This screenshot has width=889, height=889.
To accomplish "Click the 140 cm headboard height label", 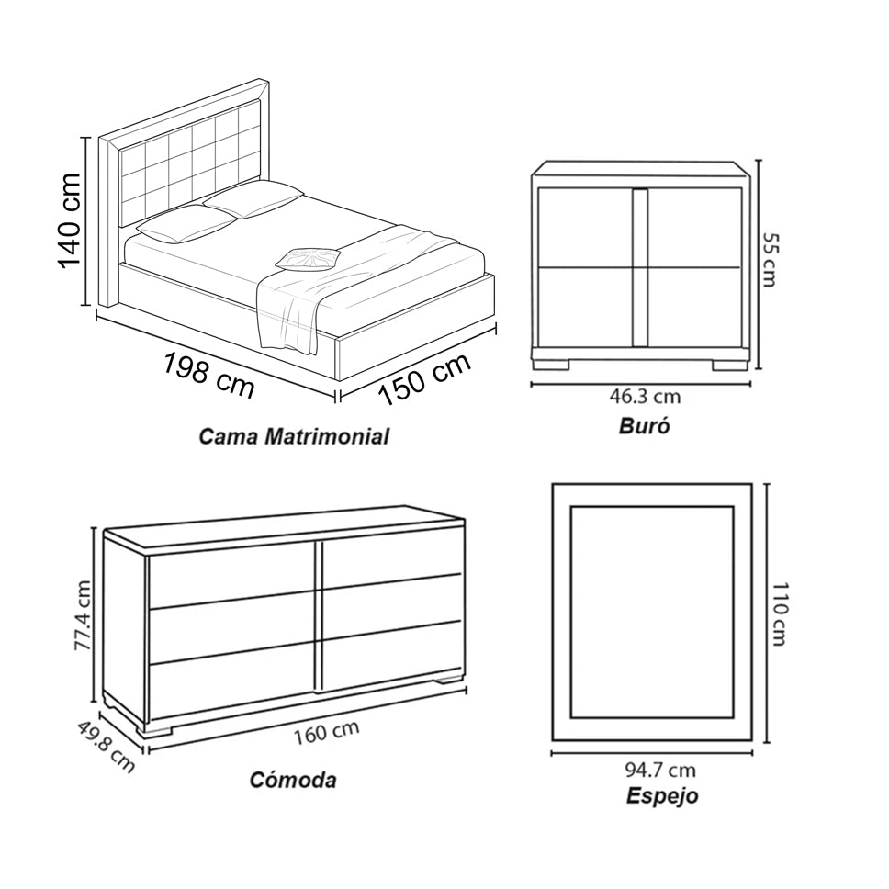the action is click(70, 221).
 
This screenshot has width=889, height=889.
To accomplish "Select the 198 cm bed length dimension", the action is click(208, 375).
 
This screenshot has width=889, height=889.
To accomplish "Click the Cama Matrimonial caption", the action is click(294, 436).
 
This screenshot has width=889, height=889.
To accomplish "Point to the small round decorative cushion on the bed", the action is click(309, 258).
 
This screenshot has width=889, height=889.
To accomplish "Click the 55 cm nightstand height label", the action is click(770, 259).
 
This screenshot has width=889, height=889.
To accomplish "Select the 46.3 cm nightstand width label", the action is click(645, 397).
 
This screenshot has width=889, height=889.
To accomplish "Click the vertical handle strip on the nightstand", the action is click(639, 267).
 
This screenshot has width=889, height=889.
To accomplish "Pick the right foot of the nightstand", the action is click(730, 364).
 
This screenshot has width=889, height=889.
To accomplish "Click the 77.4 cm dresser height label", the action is click(84, 614).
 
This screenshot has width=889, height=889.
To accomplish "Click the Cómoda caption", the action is click(293, 780).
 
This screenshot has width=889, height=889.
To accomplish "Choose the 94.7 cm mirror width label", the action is click(660, 770).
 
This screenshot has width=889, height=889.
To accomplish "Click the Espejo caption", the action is click(661, 795).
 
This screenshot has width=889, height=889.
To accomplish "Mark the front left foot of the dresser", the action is click(157, 730).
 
